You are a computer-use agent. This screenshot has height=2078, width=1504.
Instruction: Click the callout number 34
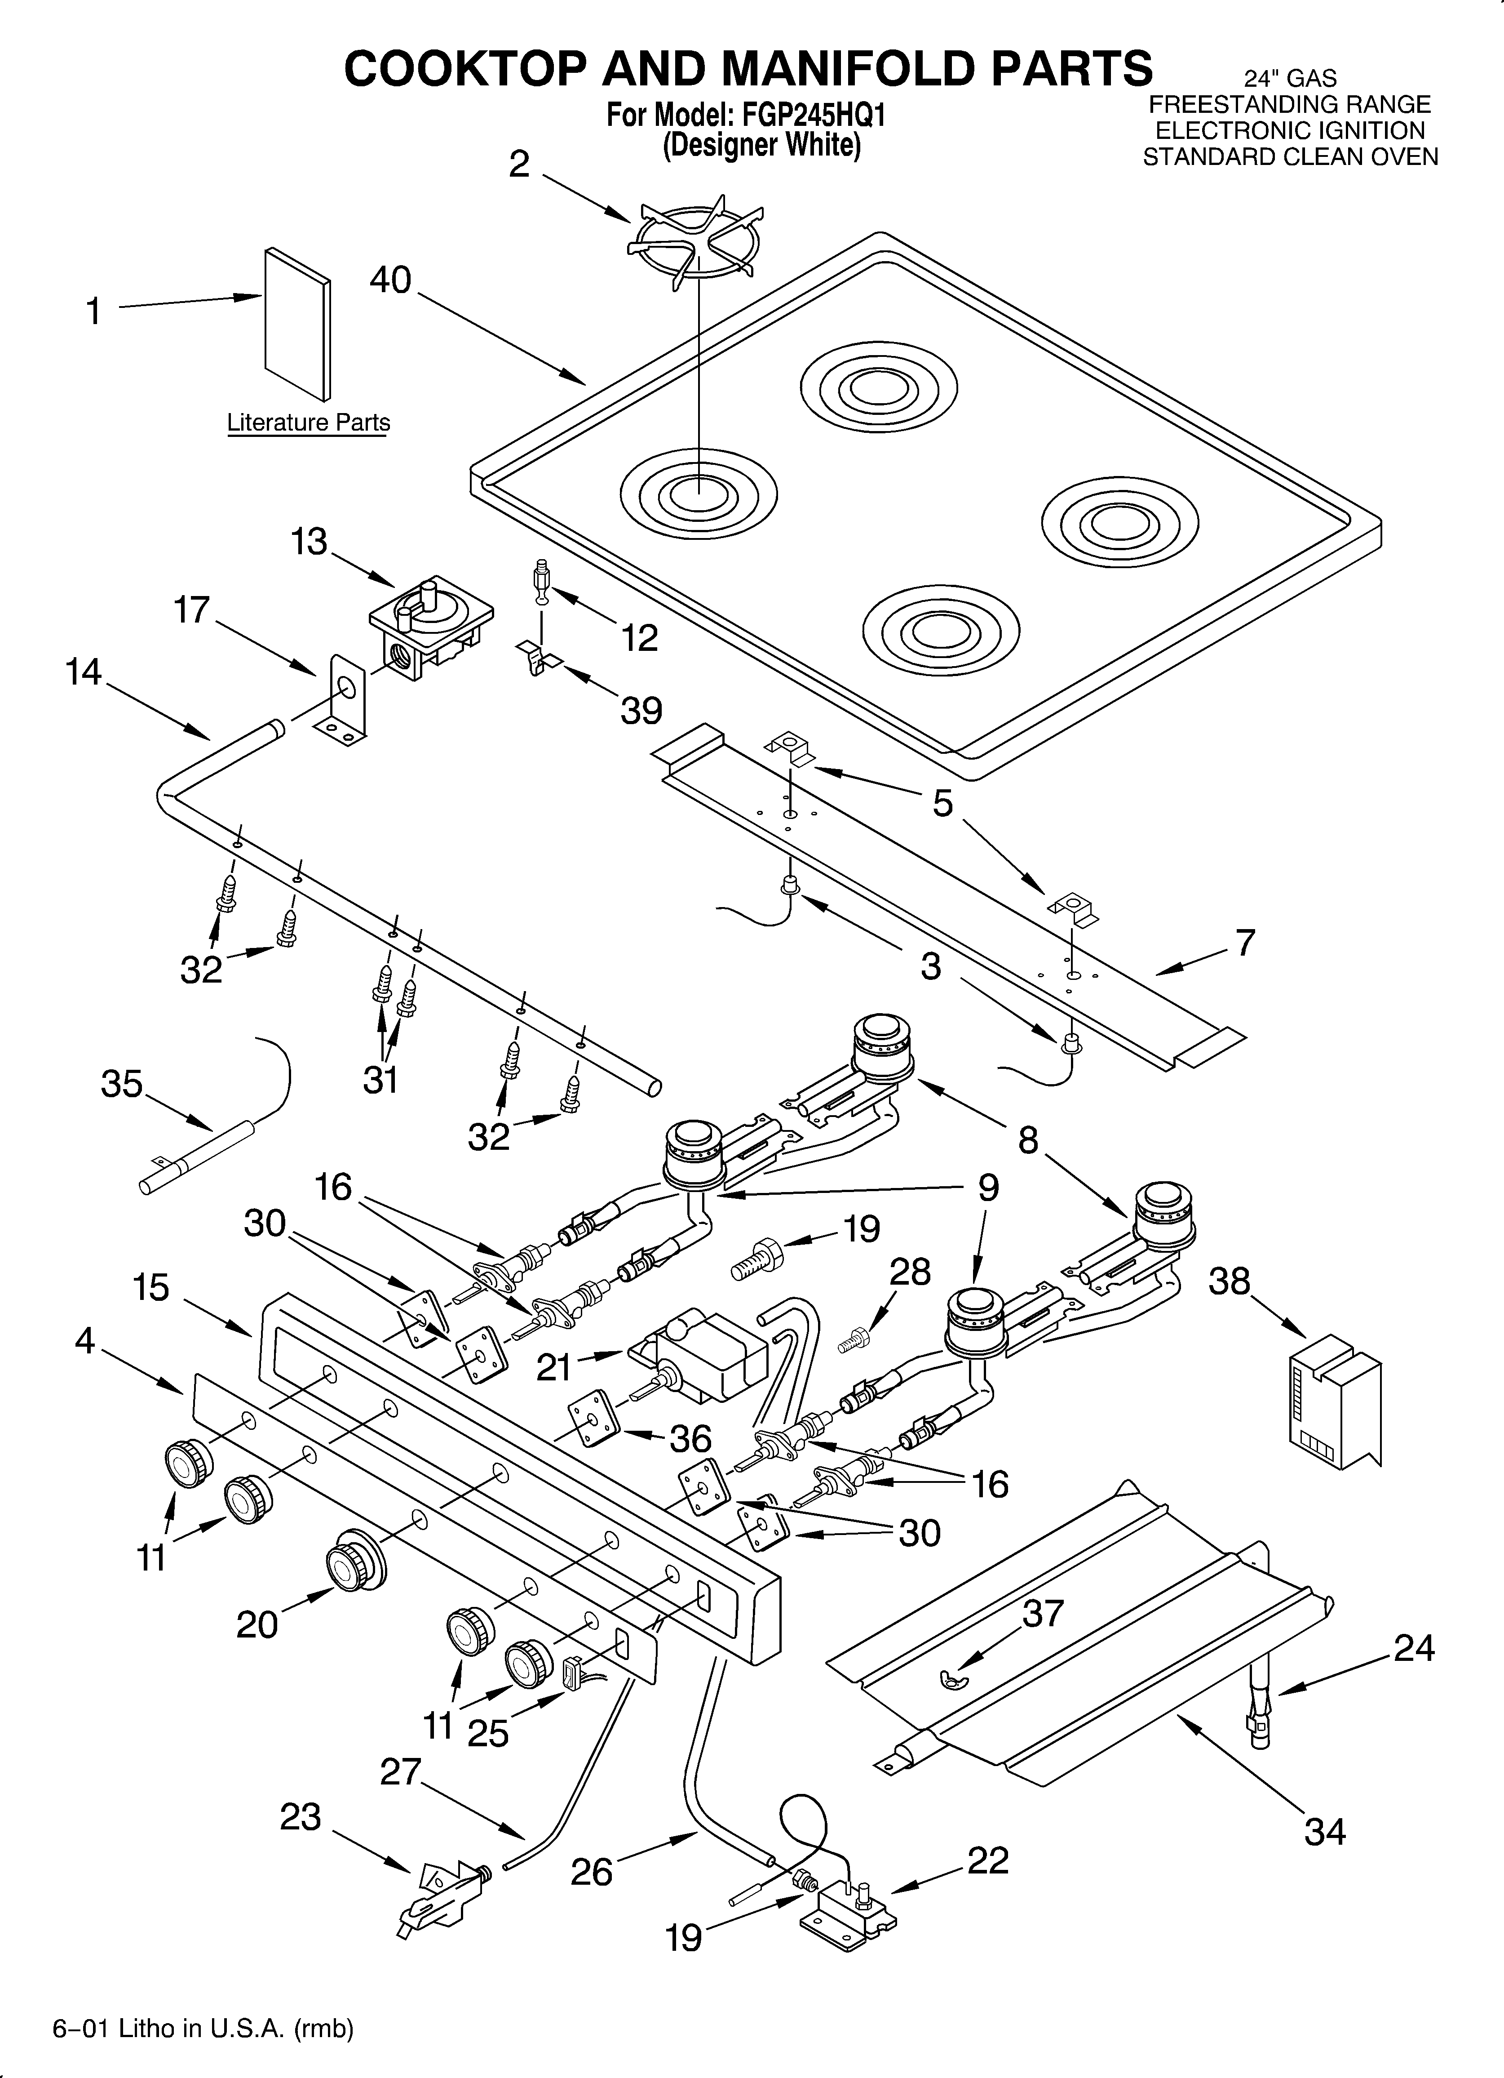(1324, 1831)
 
